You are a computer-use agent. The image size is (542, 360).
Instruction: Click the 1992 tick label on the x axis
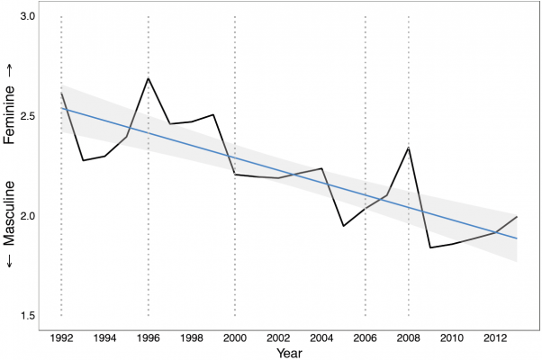(x=61, y=337)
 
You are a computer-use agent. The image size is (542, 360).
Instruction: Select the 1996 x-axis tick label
(x=148, y=337)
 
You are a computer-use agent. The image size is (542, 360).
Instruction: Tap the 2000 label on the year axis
(x=235, y=337)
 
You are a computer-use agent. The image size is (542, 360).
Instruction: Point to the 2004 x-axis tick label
(x=321, y=337)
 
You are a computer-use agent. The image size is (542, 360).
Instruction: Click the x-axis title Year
(x=289, y=352)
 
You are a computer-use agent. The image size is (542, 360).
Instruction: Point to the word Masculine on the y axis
(x=12, y=212)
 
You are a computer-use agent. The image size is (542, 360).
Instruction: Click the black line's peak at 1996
(x=148, y=78)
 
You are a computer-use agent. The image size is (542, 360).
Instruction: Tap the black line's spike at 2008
(x=409, y=148)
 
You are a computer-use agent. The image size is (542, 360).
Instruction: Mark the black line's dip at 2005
(x=343, y=226)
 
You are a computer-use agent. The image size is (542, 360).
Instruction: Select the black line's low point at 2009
(x=430, y=247)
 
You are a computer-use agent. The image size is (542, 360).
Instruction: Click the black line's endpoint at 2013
(x=517, y=217)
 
